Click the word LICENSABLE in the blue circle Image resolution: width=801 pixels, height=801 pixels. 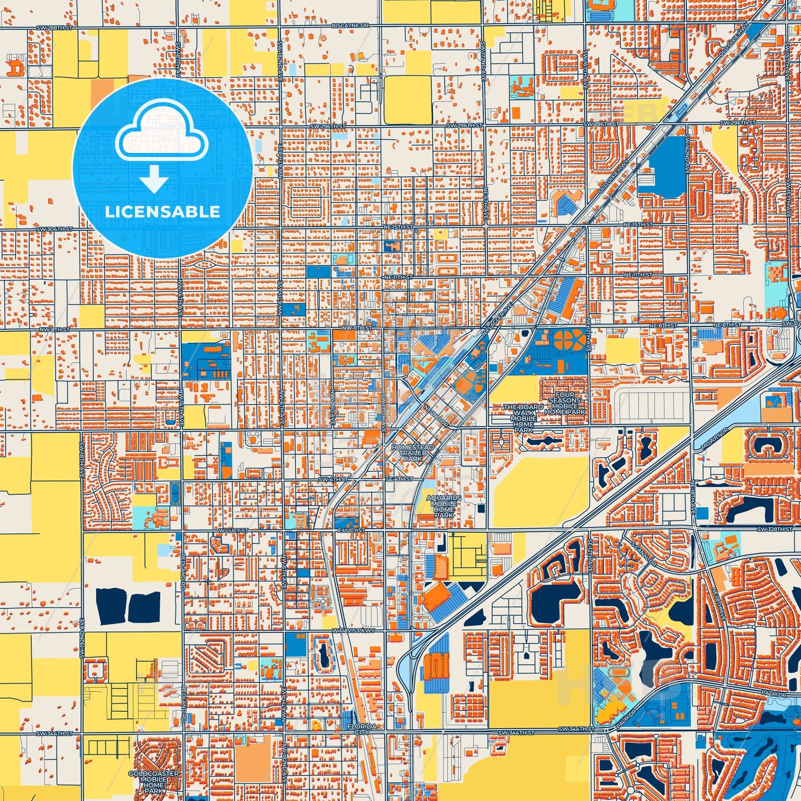(162, 211)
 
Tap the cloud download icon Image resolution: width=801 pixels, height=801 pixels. (161, 141)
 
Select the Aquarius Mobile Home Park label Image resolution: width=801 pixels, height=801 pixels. (444, 507)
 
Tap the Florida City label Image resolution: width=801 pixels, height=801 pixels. (361, 729)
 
